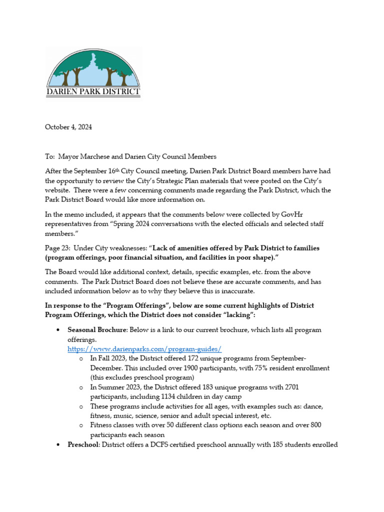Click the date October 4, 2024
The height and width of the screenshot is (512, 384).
pyautogui.click(x=68, y=127)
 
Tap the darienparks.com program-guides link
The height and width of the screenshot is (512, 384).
pyautogui.click(x=144, y=349)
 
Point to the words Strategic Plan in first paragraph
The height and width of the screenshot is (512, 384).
pyautogui.click(x=212, y=181)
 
